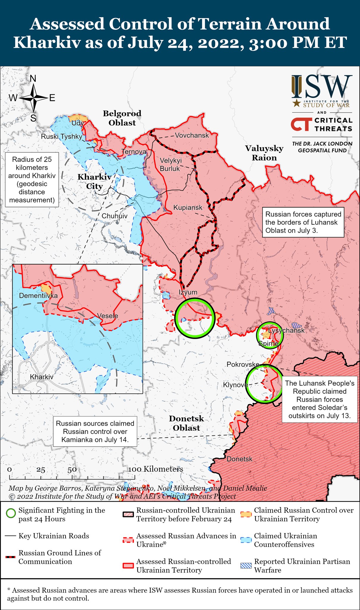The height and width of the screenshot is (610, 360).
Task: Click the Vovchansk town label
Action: (x=192, y=136)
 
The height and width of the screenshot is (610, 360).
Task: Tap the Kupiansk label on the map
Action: (x=188, y=208)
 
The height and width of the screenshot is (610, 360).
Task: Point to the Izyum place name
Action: (x=188, y=292)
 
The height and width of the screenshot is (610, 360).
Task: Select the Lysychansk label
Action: (x=286, y=330)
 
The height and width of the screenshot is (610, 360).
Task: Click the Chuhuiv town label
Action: (x=115, y=216)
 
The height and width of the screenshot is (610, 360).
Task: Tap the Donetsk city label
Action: (x=239, y=459)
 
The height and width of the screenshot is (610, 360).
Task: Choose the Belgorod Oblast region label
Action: (x=122, y=118)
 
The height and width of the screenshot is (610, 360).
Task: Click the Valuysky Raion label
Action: (x=264, y=153)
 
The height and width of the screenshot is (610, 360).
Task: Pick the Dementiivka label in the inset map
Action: (x=38, y=296)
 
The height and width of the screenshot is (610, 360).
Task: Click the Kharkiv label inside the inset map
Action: (x=42, y=377)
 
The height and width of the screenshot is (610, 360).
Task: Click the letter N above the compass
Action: (x=33, y=79)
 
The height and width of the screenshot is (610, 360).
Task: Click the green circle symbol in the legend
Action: (x=11, y=513)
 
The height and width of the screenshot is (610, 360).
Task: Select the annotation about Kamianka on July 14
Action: (x=95, y=432)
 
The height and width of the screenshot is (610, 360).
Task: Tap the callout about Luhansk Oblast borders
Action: (x=303, y=222)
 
